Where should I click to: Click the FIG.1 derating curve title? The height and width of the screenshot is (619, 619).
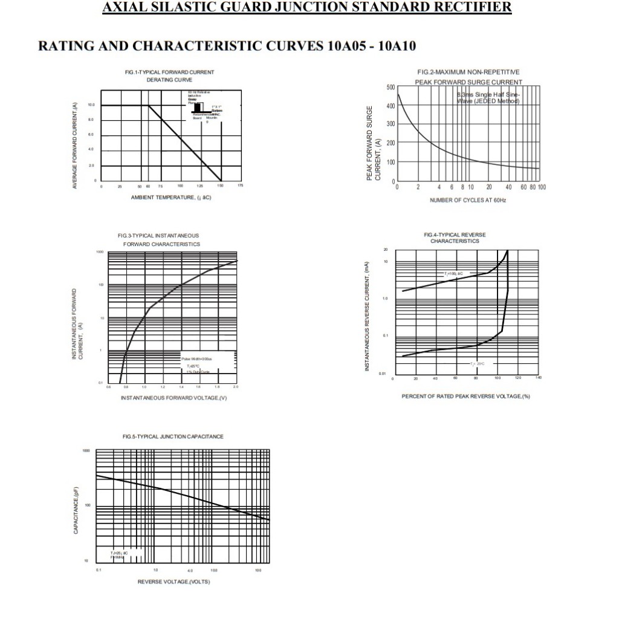[169, 76]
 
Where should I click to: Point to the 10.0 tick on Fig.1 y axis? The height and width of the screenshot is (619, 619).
[91, 105]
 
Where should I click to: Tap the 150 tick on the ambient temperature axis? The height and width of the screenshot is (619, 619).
[220, 187]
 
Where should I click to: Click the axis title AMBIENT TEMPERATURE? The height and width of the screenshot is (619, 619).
[170, 198]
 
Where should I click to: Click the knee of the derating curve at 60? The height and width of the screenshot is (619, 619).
[149, 106]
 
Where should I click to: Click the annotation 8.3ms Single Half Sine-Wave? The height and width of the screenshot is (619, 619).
[488, 98]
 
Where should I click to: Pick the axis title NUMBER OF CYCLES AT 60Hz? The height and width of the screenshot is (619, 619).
[468, 199]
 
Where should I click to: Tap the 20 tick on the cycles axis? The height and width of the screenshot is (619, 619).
[488, 187]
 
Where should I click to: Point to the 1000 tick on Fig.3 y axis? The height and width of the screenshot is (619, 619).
[100, 251]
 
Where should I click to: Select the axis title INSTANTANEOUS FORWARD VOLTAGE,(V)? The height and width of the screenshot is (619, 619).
[173, 398]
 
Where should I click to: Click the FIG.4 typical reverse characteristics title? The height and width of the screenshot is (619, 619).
[455, 238]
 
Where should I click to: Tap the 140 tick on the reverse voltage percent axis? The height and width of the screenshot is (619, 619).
[539, 378]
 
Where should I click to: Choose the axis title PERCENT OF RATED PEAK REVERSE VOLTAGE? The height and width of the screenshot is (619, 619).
[465, 397]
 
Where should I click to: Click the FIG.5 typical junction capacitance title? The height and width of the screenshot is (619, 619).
[173, 436]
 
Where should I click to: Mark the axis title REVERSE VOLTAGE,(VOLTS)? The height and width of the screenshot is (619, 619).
[173, 582]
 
